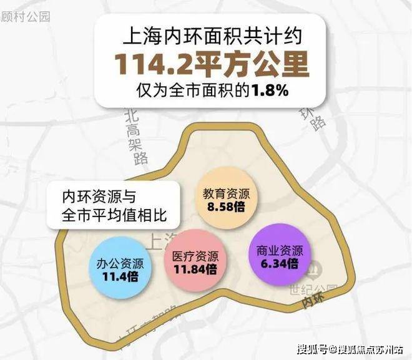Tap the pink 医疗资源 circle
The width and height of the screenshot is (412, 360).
[x=195, y=263]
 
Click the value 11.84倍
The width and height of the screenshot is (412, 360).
[x=195, y=270]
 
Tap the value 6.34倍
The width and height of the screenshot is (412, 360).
[x=279, y=264]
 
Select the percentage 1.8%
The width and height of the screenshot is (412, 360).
[x=270, y=90]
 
